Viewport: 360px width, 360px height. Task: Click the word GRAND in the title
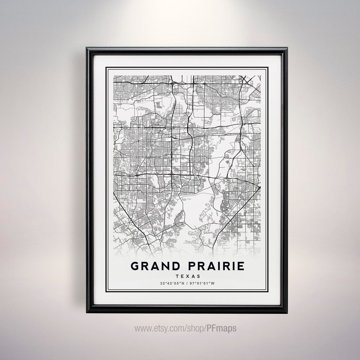tap(152, 266)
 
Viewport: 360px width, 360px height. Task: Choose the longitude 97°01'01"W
tap(203, 284)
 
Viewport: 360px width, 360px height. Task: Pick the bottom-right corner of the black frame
tap(287, 313)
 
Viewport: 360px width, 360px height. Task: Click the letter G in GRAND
tap(134, 266)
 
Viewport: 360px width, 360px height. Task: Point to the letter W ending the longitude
tap(214, 284)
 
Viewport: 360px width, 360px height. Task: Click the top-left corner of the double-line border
tap(106, 67)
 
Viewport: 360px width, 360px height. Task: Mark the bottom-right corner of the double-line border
tap(268, 294)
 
